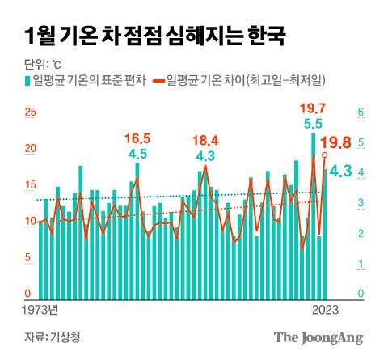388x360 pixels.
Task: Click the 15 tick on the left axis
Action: (30, 184)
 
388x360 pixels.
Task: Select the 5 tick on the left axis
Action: (30, 257)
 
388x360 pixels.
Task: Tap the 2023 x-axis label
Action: (325, 310)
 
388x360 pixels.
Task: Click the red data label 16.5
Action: (137, 138)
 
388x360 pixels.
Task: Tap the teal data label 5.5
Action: (313, 124)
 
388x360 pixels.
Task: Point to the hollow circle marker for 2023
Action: (325, 155)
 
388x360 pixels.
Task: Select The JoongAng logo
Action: (318, 337)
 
